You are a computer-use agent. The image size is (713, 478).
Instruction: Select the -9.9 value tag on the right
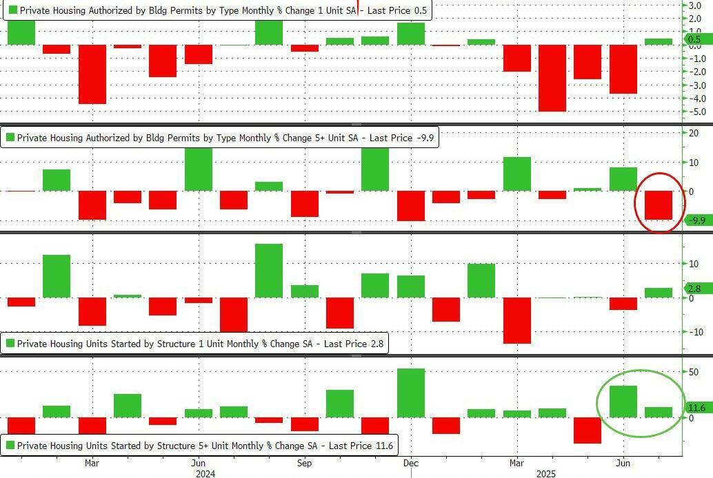coord(697,220)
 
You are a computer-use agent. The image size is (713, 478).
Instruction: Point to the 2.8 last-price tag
coord(694,289)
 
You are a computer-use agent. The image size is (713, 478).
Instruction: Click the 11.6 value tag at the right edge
coord(696,408)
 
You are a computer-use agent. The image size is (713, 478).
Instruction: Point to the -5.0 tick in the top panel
coord(692,112)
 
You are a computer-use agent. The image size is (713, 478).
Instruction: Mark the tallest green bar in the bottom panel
coord(411,393)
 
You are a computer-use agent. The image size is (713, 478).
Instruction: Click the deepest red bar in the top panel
coord(552,78)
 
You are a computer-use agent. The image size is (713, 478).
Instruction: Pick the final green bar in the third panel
coord(658,293)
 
